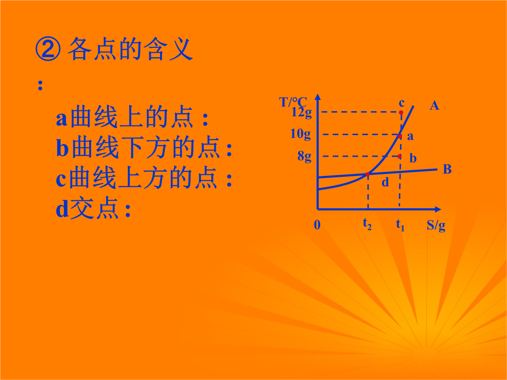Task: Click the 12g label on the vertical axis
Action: [x=301, y=112]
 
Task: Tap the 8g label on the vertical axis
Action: [x=304, y=157]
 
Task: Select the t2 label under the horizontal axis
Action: [x=367, y=224]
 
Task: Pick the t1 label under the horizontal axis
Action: [x=400, y=225]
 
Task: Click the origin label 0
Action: [x=317, y=225]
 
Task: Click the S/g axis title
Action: [x=436, y=226]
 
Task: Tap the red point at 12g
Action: [x=401, y=113]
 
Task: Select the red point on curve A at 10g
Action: [x=400, y=137]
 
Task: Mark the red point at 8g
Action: [x=399, y=156]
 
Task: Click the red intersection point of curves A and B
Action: [x=367, y=175]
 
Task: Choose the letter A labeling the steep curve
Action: [x=434, y=106]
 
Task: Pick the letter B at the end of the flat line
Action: [x=447, y=169]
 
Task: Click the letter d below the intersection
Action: [x=385, y=182]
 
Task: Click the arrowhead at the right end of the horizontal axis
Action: [x=438, y=209]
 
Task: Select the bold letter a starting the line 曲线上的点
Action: [x=61, y=119]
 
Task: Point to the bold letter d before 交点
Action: [x=62, y=209]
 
